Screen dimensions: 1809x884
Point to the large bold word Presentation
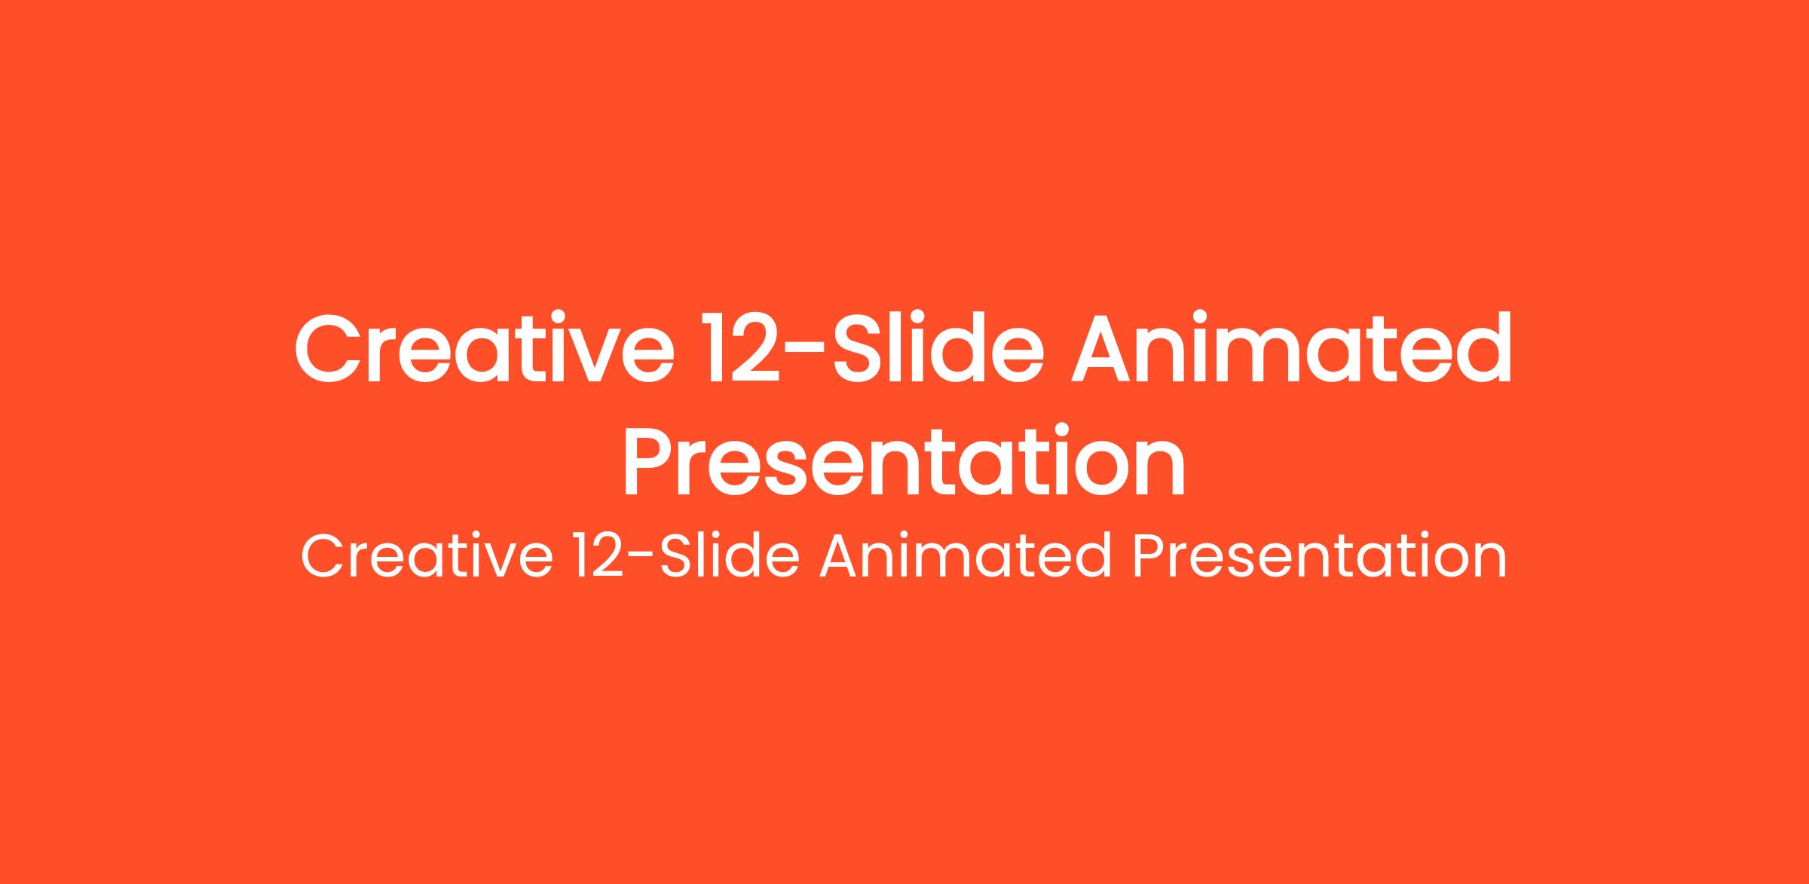pyautogui.click(x=904, y=461)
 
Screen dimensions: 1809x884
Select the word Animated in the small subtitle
pyautogui.click(x=966, y=556)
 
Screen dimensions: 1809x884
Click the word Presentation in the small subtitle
pyautogui.click(x=1319, y=556)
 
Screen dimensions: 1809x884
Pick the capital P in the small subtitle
pyautogui.click(x=1150, y=557)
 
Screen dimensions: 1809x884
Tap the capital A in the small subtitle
pyautogui.click(x=842, y=557)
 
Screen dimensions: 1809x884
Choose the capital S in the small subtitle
pyautogui.click(x=677, y=557)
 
